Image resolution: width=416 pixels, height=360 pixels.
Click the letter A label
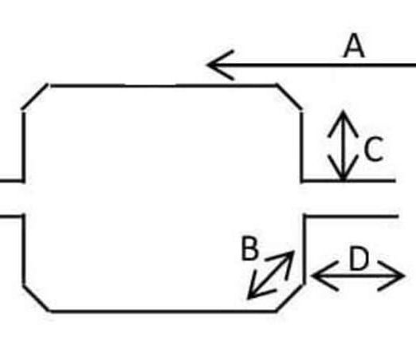[x=354, y=45]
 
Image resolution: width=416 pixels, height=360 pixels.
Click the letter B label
[x=249, y=248]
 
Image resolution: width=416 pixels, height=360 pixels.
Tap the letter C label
[x=374, y=149]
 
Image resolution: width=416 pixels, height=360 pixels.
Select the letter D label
[x=359, y=258]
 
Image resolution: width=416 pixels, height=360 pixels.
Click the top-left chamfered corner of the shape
[x=35, y=96]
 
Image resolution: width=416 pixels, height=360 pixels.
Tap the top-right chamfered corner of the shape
[x=289, y=97]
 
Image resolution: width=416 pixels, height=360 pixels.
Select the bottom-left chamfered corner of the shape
[x=37, y=298]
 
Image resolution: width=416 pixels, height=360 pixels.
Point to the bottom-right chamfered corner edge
[x=289, y=298]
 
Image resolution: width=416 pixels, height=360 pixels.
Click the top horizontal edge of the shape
[x=163, y=86]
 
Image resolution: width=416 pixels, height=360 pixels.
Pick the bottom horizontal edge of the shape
[x=163, y=311]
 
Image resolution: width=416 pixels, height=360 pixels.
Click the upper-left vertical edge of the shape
[x=23, y=147]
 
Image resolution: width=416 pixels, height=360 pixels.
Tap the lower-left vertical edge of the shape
[x=24, y=249]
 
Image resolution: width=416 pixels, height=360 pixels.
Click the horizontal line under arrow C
[x=348, y=181]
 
